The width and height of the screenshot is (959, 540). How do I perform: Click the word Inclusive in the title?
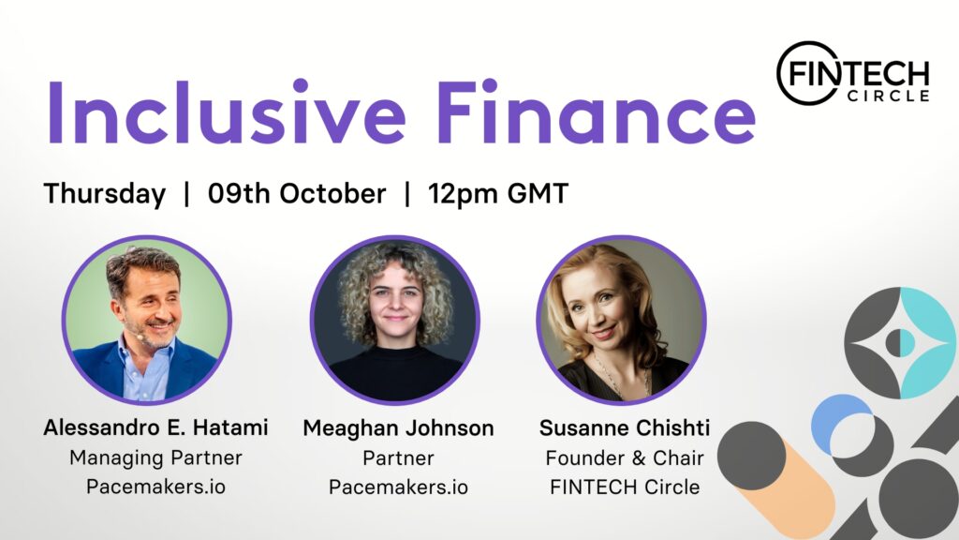pyautogui.click(x=227, y=112)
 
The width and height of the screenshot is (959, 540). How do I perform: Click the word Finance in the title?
pyautogui.click(x=596, y=112)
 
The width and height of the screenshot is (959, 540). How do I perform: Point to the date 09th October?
pyautogui.click(x=297, y=193)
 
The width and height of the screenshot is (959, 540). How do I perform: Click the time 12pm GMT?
pyautogui.click(x=498, y=194)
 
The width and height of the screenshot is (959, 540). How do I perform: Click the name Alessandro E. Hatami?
pyautogui.click(x=155, y=427)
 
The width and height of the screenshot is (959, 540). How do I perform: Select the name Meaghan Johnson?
pyautogui.click(x=398, y=427)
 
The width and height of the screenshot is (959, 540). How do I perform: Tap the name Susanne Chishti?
pyautogui.click(x=625, y=427)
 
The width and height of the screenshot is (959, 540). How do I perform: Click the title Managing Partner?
pyautogui.click(x=155, y=457)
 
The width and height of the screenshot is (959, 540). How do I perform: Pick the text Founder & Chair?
pyautogui.click(x=625, y=457)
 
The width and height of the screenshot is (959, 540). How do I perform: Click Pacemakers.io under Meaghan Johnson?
pyautogui.click(x=398, y=487)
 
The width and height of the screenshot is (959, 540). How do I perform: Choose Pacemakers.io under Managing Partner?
pyautogui.click(x=155, y=487)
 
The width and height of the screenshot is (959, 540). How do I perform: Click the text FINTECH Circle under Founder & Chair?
pyautogui.click(x=625, y=487)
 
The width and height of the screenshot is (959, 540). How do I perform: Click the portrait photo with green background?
pyautogui.click(x=147, y=321)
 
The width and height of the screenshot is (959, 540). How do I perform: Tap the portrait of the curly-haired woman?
pyautogui.click(x=395, y=321)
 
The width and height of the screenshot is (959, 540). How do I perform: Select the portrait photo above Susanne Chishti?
pyautogui.click(x=622, y=321)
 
